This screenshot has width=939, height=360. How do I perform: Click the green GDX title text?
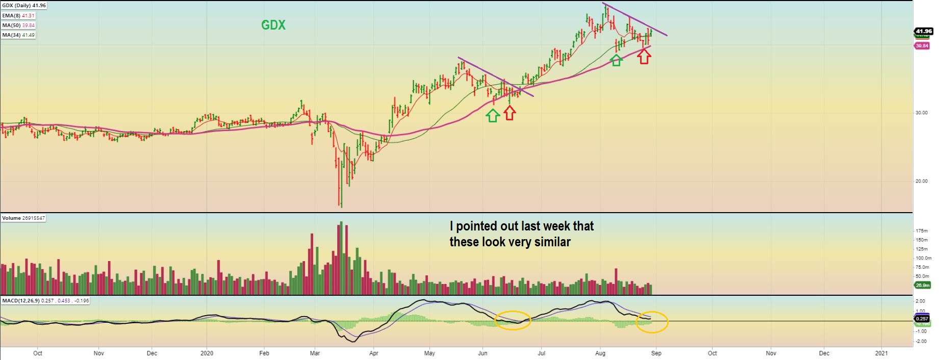pos(273,25)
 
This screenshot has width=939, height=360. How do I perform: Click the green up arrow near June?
pos(492,115)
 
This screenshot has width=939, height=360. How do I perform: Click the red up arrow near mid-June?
pos(510,113)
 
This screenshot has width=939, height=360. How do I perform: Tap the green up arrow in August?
pos(617,60)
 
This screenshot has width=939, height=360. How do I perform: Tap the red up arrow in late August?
pos(644,57)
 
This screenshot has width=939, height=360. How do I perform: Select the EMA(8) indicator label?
pos(18,16)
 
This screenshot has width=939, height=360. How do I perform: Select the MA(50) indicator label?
pos(18,25)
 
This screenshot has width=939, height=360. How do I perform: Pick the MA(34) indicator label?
pos(18,35)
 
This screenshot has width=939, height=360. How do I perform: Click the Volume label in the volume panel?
pos(23,218)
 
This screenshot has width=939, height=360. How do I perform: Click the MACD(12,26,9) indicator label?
pos(45,301)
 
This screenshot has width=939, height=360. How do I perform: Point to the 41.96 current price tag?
pos(924,31)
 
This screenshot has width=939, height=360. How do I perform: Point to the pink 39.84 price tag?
pos(922,46)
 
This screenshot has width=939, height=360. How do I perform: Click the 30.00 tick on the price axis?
pos(921,113)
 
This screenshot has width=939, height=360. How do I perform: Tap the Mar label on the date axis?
pos(315,353)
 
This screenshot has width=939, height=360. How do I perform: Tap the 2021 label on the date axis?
pos(881,353)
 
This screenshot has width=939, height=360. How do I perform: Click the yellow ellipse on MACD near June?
pos(513,320)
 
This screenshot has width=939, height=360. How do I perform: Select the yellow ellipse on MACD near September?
pos(652,322)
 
